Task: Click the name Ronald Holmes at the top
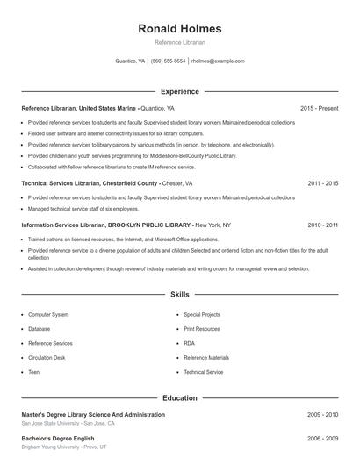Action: (180, 28)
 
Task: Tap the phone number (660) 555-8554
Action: (169, 61)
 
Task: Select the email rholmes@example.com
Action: (218, 61)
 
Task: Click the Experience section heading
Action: (180, 91)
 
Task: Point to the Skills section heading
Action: (180, 296)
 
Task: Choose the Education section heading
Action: (180, 398)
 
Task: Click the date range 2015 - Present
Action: (319, 108)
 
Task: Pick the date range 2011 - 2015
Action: (323, 184)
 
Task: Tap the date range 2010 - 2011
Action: (323, 225)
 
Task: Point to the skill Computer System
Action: (48, 314)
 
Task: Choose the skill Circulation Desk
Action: (47, 358)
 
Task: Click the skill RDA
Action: (190, 343)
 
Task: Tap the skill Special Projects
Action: (202, 314)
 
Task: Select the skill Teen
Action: (34, 372)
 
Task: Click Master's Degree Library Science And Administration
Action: (93, 414)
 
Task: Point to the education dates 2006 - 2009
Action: (323, 438)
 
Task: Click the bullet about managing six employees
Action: (83, 209)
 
